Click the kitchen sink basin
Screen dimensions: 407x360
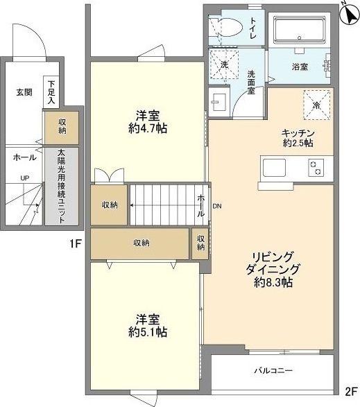[273, 168]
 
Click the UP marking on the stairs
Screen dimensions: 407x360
[25, 178]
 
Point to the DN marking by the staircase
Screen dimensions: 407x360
[217, 206]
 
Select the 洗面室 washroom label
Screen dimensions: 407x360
[252, 79]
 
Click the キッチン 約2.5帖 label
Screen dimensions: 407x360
[298, 137]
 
